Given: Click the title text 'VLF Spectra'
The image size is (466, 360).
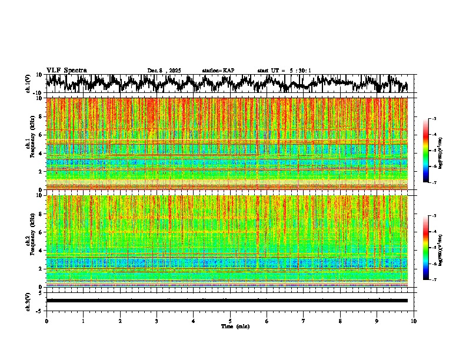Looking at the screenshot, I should [x=66, y=71].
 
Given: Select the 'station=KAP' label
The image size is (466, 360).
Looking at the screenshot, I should [x=218, y=71].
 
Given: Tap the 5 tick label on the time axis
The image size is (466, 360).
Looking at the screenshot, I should [x=230, y=321].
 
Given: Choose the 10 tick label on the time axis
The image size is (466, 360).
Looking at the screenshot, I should [x=414, y=321].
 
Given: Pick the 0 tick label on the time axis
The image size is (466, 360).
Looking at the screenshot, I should [x=46, y=321].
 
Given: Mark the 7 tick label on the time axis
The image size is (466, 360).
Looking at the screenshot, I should [x=304, y=321].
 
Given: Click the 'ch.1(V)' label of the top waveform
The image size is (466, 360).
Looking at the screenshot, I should [x=28, y=84].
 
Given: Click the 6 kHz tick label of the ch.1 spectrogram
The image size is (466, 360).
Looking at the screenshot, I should [x=41, y=135].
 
